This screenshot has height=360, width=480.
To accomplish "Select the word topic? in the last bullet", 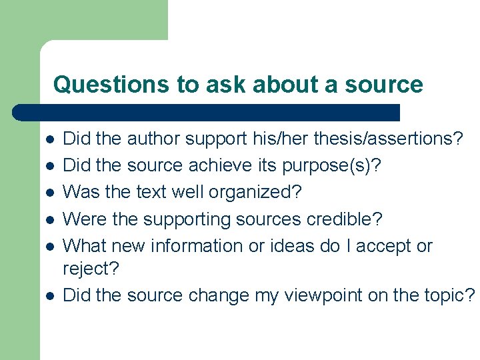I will coord(453,295).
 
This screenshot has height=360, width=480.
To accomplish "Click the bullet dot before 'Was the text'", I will coord(49,193).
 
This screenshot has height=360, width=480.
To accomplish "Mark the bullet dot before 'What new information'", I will coord(49,246).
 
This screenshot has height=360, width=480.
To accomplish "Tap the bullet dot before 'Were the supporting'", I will coord(49,219).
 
